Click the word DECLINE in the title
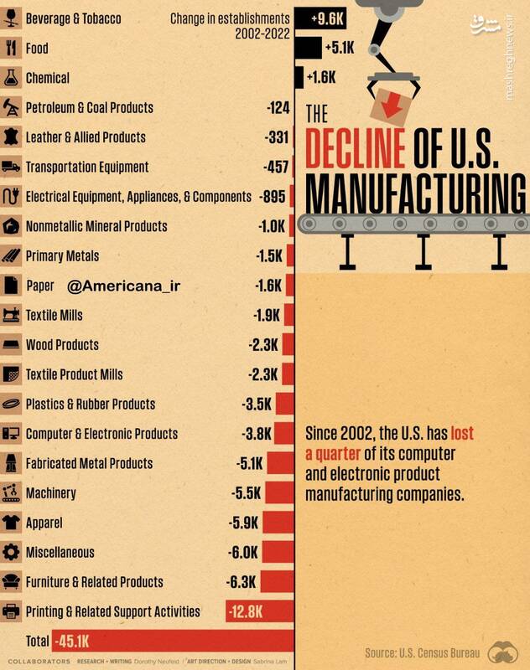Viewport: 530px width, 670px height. [356, 148]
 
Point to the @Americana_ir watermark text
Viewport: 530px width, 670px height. [123, 286]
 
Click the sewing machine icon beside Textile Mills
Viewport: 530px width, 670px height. [12, 315]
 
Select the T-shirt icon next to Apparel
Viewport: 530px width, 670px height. [12, 523]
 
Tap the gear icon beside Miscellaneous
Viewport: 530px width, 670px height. [12, 553]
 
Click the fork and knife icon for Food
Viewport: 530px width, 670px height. [12, 49]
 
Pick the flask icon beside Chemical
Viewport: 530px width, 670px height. [12, 78]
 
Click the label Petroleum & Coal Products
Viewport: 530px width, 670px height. [89, 108]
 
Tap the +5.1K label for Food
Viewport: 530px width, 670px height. [340, 49]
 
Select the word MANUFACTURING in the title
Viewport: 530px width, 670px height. [410, 192]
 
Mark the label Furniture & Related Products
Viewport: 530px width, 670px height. [95, 582]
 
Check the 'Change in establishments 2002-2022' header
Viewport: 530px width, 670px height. [231, 25]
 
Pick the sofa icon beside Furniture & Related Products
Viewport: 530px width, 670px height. [12, 581]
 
